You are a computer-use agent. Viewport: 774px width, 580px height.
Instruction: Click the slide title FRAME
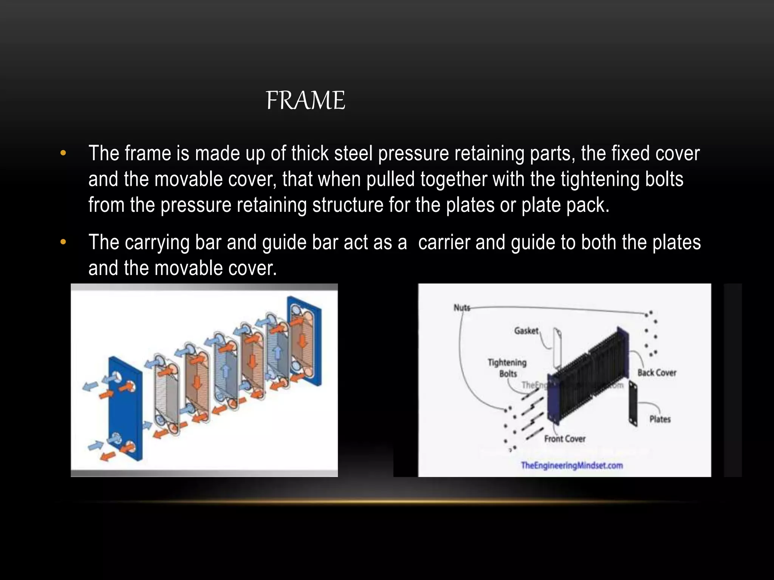(305, 100)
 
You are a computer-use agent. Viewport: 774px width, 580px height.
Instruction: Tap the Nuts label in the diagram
(461, 308)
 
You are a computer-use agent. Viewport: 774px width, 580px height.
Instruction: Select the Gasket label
(526, 331)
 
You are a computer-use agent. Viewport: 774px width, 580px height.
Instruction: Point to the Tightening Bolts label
(507, 368)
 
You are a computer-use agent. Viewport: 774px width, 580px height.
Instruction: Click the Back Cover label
(657, 373)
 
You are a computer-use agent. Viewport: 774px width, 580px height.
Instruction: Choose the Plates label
(660, 419)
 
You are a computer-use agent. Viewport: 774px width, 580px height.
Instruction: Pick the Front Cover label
(565, 439)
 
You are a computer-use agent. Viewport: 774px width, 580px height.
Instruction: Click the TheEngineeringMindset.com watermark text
(571, 465)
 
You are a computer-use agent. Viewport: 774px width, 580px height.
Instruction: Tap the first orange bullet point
(63, 153)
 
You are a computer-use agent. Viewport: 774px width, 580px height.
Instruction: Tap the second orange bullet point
(63, 242)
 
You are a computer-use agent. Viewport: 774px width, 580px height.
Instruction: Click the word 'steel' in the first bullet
(353, 153)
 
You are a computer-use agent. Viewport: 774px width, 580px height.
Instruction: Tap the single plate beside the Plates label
(633, 404)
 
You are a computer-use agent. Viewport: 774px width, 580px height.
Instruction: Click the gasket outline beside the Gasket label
(557, 347)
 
